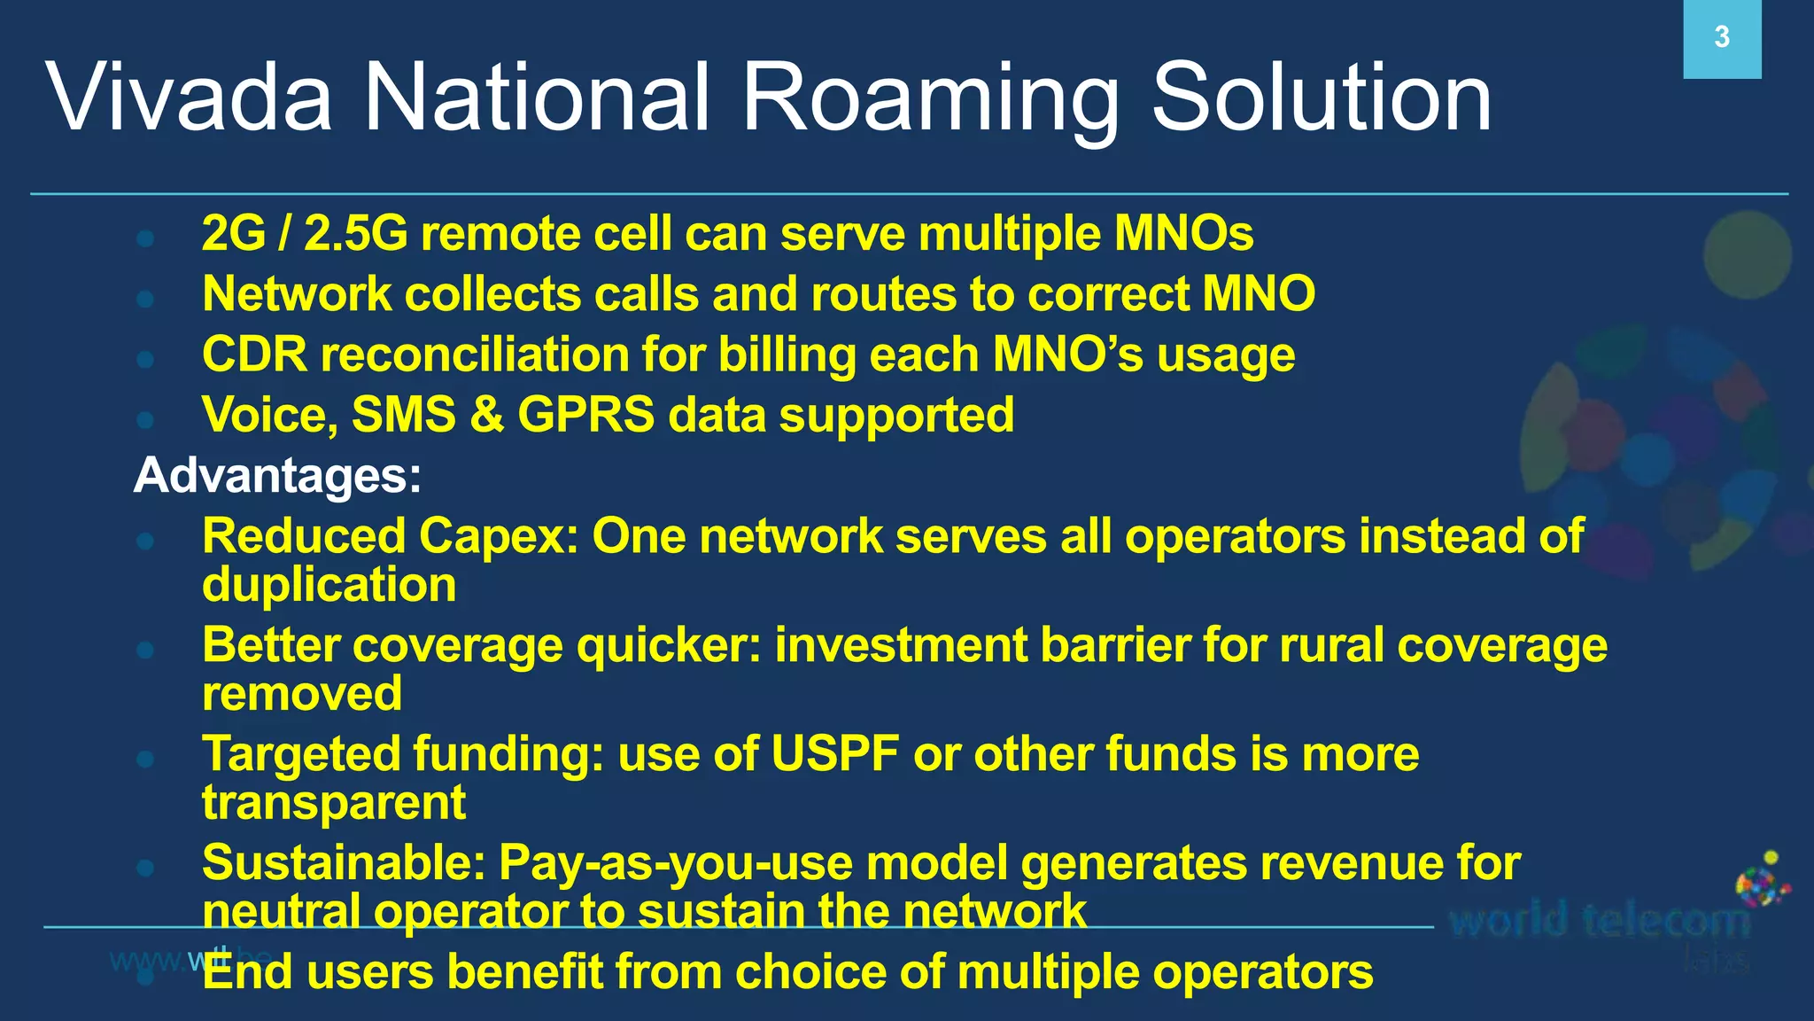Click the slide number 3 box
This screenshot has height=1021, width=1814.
pos(1721,38)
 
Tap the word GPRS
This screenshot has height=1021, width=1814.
pos(585,415)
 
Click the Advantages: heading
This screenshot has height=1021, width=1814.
pos(277,475)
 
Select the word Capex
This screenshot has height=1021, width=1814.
pos(497,537)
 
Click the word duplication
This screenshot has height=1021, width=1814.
pos(329,586)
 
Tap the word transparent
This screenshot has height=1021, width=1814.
pos(333,803)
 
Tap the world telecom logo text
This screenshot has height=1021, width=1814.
pos(1600,922)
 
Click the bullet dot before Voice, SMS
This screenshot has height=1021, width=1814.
pos(146,418)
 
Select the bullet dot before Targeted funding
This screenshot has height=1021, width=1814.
pos(146,759)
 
